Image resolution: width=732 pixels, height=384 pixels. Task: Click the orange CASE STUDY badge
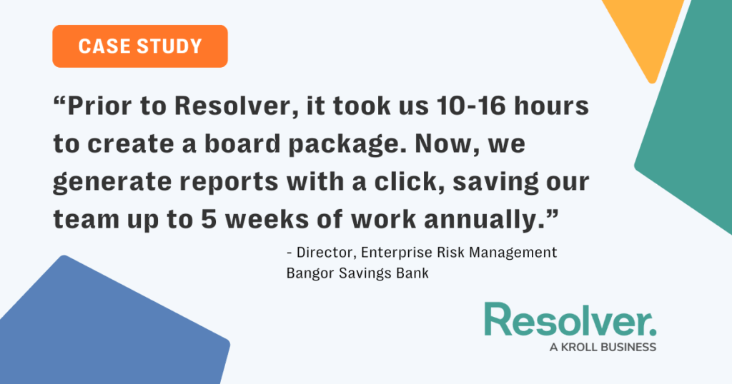click(x=140, y=46)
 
